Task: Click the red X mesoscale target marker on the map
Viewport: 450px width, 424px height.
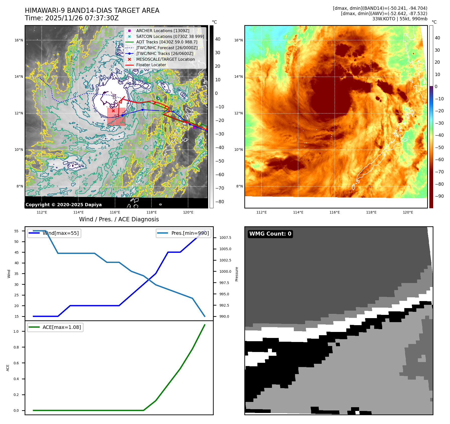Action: tap(113, 111)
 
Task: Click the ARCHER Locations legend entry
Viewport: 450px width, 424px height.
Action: tap(162, 31)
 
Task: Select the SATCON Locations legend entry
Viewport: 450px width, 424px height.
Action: tap(170, 36)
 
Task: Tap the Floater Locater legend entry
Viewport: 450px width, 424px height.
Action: tap(151, 65)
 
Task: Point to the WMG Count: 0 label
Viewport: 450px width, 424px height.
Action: tap(270, 234)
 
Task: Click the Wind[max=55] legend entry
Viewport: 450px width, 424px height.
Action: tap(60, 233)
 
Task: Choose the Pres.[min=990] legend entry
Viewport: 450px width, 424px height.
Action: tap(190, 233)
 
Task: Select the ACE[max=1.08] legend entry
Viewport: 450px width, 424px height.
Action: tap(62, 327)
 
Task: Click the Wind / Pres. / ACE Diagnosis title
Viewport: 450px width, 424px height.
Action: tap(119, 219)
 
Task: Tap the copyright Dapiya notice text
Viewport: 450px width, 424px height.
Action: tap(64, 205)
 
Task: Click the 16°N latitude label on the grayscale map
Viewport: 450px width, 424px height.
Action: tap(19, 40)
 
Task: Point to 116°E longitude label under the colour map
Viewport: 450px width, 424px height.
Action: tap(334, 212)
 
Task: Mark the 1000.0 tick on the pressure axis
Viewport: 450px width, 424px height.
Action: tap(225, 271)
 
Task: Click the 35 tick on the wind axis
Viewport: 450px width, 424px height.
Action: tap(16, 274)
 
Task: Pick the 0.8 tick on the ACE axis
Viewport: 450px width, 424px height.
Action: tap(16, 347)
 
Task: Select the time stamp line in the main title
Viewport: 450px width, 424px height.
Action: tap(72, 18)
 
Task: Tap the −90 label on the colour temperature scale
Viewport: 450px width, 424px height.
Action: tap(439, 196)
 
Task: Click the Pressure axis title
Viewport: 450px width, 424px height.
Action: tap(237, 274)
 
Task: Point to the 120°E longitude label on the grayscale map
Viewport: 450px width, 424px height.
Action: tap(188, 212)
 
